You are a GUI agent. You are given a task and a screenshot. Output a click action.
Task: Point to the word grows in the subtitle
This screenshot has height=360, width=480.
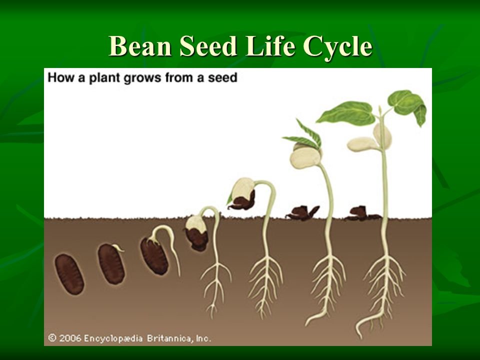[x=142, y=78]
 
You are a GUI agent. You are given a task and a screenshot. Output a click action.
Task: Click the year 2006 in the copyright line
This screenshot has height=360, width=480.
[x=70, y=338]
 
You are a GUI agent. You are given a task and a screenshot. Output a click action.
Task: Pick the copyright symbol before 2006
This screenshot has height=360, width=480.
[x=52, y=338]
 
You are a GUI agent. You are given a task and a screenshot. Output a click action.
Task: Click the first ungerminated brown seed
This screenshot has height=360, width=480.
[x=69, y=274]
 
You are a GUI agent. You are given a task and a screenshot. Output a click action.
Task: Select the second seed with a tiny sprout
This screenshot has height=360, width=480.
[x=111, y=264]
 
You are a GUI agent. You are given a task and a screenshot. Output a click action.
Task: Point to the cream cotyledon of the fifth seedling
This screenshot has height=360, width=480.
[x=243, y=188]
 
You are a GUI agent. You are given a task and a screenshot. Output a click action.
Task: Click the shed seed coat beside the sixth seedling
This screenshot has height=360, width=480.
[x=302, y=213]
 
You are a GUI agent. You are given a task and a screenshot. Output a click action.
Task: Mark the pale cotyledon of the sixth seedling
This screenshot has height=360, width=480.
[x=305, y=156]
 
